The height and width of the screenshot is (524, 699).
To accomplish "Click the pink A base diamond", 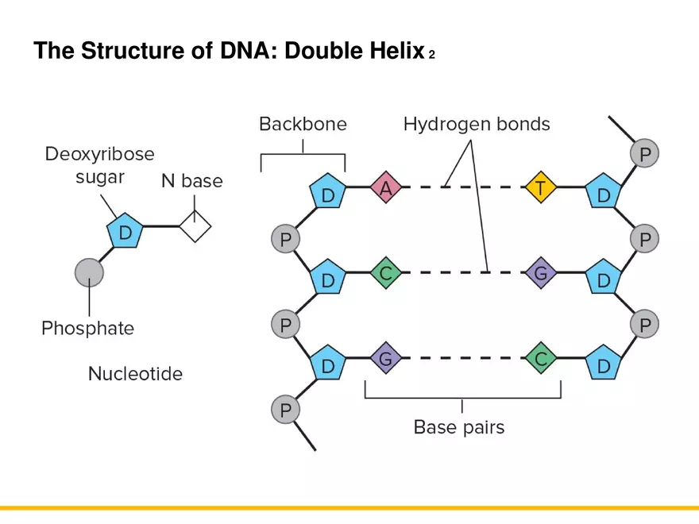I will click(x=386, y=189).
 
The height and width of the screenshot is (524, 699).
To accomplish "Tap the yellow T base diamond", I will click(x=540, y=189).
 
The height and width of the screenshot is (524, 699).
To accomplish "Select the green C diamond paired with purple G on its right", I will click(x=386, y=274).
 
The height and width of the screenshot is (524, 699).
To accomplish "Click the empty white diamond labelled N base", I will click(x=195, y=227).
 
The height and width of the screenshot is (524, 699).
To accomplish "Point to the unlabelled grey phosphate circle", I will click(x=90, y=272).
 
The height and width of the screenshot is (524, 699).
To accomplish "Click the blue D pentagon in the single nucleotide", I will click(x=125, y=233).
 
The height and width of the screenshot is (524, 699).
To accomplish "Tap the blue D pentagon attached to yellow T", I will click(x=604, y=195).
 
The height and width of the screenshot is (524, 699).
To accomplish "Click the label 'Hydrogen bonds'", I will click(x=477, y=124).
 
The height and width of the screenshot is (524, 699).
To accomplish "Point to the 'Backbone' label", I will click(x=303, y=124).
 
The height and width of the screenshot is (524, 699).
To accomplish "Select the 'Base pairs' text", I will click(x=459, y=427).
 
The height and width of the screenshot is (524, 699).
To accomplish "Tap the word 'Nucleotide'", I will click(x=135, y=373).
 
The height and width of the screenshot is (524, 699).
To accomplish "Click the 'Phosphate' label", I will click(x=88, y=328).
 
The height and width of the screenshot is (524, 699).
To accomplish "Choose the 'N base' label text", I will click(x=192, y=181).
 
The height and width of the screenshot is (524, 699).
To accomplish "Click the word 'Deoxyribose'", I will click(x=99, y=153).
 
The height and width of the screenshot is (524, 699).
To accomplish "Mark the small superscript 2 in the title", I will click(x=431, y=56).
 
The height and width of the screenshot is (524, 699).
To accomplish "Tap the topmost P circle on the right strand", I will click(x=644, y=153).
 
